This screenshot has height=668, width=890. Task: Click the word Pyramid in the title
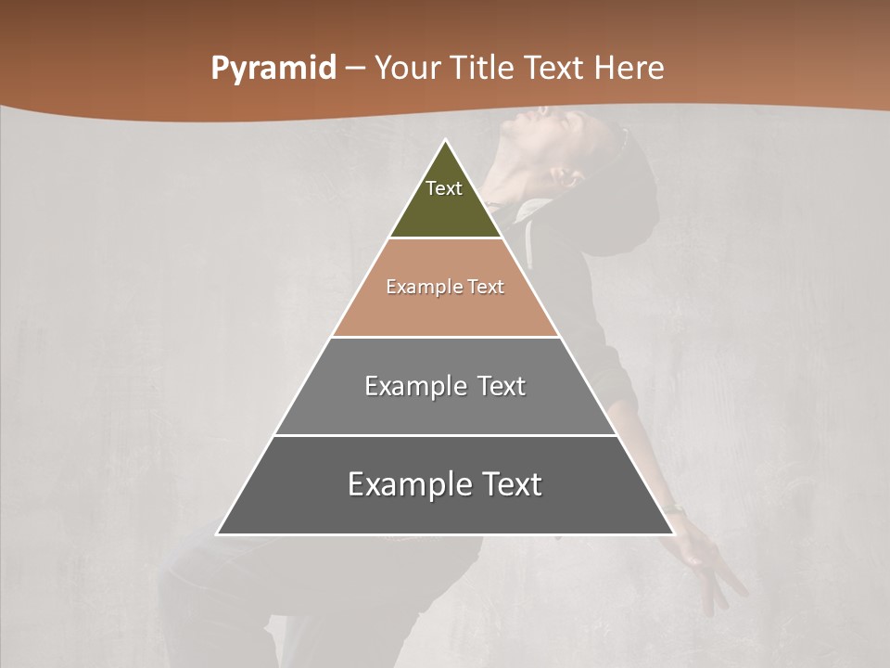pyautogui.click(x=273, y=68)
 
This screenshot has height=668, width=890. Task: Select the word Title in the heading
pyautogui.click(x=485, y=68)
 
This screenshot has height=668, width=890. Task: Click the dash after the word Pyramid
pyautogui.click(x=355, y=69)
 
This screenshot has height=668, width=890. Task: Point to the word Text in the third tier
pyautogui.click(x=502, y=386)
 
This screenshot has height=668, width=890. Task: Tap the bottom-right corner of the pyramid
pyautogui.click(x=672, y=533)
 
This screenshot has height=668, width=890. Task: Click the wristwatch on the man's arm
pyautogui.click(x=674, y=508)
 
